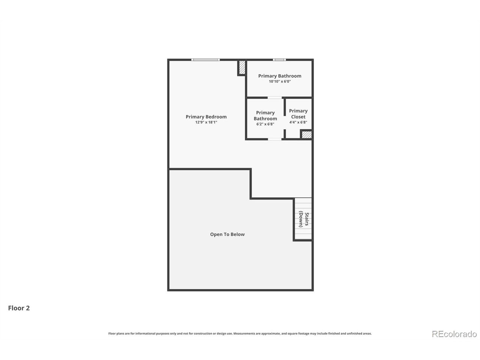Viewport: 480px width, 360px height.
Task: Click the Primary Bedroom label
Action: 206,117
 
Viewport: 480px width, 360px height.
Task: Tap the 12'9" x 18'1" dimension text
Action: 206,122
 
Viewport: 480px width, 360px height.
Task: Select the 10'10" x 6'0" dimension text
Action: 280,81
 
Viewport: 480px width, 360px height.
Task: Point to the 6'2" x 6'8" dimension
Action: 265,124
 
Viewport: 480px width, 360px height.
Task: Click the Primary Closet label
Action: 298,114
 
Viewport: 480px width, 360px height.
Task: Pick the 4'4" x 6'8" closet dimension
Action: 298,122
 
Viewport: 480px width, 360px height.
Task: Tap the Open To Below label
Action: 227,234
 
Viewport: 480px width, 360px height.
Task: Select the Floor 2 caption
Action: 19,308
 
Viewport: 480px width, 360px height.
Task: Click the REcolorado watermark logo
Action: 454,334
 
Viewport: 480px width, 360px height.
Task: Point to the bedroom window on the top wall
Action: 205,60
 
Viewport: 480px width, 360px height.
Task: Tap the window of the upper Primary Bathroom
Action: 279,60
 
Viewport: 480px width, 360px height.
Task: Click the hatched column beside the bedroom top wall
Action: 242,67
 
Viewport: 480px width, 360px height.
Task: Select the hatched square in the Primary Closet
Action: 306,135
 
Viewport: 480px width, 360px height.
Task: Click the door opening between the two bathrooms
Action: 274,98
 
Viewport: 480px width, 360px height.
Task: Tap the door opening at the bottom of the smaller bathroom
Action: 274,139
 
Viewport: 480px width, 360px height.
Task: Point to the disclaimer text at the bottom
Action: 240,333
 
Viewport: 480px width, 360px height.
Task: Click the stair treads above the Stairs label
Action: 303,205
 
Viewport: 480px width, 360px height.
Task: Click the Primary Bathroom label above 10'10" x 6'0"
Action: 280,76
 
